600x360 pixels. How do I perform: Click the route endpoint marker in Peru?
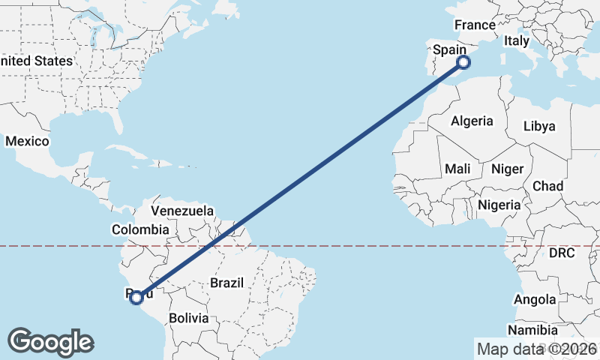pyautogui.click(x=136, y=298)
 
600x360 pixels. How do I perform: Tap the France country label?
pyautogui.click(x=475, y=25)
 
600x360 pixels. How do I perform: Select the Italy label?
pyautogui.click(x=517, y=41)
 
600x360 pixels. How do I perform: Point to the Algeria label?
pyautogui.click(x=472, y=121)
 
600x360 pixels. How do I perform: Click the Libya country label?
pyautogui.click(x=539, y=126)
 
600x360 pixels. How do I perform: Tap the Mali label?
pyautogui.click(x=457, y=169)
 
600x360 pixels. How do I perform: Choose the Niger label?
pyautogui.click(x=506, y=169)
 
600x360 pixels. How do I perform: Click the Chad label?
pyautogui.click(x=547, y=186)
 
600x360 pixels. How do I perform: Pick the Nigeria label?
pyautogui.click(x=499, y=205)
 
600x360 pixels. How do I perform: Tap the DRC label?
pyautogui.click(x=561, y=253)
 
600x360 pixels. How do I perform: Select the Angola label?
pyautogui.click(x=535, y=300)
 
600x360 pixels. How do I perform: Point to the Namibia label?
pyautogui.click(x=532, y=330)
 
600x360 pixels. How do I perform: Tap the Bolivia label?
pyautogui.click(x=187, y=318)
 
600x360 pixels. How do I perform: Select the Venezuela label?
pyautogui.click(x=182, y=211)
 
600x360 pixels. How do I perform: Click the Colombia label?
pyautogui.click(x=140, y=229)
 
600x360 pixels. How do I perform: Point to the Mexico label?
pyautogui.click(x=27, y=141)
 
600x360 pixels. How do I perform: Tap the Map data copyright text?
pyautogui.click(x=536, y=349)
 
